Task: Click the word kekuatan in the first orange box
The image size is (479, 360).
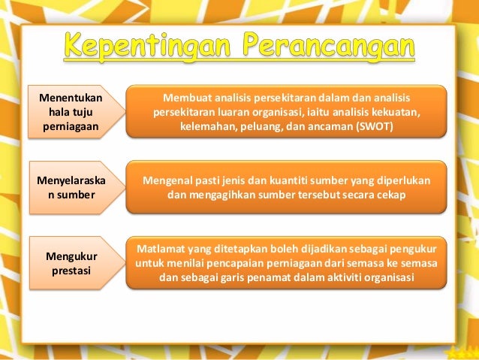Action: [x=392, y=112]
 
